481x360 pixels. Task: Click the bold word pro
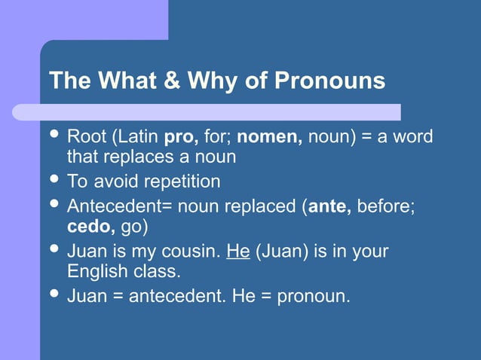tap(180, 138)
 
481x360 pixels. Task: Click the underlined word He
tap(237, 250)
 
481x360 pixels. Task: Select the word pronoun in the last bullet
tap(312, 294)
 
